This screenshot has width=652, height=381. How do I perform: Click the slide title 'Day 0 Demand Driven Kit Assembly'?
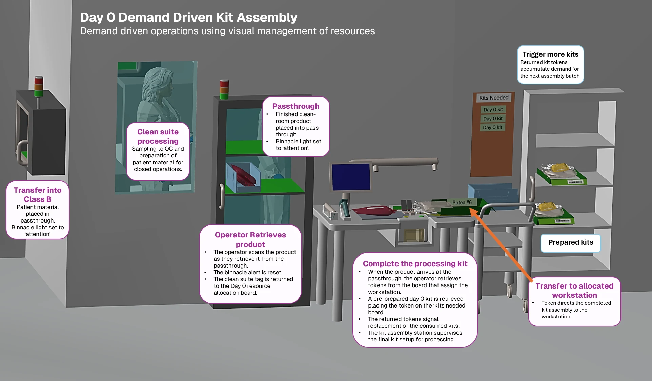coord(188,17)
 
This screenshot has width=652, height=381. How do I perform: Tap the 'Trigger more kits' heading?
coord(550,54)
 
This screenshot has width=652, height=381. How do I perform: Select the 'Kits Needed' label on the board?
coord(494,98)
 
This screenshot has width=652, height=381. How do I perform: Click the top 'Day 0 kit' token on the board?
coord(493,109)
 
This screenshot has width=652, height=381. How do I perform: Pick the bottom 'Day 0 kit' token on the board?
coord(492,127)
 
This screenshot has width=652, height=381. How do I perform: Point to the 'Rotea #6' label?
coord(462,202)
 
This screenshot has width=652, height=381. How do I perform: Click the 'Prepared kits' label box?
coord(571,243)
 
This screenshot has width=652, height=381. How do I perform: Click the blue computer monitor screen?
coord(351,177)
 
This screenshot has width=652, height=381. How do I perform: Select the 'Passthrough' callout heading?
coord(296,106)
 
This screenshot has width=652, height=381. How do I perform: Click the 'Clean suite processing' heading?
coord(158,136)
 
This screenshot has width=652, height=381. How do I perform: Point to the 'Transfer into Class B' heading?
coord(38,194)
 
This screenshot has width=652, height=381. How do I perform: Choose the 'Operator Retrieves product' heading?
coord(250,239)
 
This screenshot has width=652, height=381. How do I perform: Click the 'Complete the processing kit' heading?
coord(415,263)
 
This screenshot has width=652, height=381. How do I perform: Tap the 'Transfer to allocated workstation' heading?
coord(574,290)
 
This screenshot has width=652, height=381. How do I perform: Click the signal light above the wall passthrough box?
coord(39,87)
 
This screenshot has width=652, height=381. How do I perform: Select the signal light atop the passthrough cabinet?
coord(224,89)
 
